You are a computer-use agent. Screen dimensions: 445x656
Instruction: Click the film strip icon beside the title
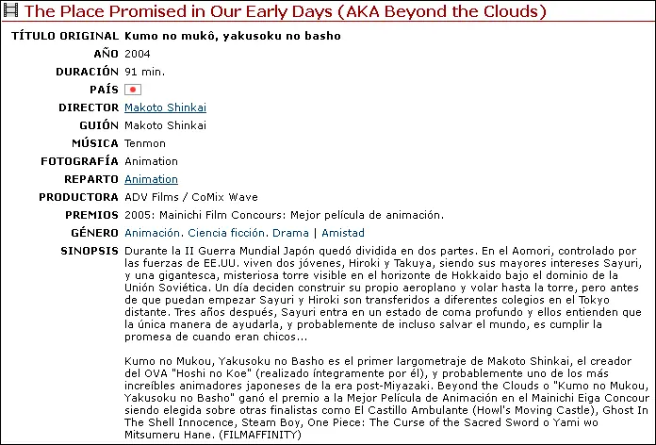(11, 12)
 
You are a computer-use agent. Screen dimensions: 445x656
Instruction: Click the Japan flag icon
(133, 90)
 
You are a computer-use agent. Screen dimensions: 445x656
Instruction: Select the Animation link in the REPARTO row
(151, 179)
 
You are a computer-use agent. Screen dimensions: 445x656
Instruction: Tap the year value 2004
(137, 54)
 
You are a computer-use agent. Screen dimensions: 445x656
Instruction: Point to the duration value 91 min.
(145, 72)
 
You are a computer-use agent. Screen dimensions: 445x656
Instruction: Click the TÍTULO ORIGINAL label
(64, 36)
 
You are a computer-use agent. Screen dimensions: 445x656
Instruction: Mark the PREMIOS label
(90, 215)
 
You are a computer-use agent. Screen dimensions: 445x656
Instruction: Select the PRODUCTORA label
(78, 197)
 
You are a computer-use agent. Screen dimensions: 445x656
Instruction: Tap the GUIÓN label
(97, 125)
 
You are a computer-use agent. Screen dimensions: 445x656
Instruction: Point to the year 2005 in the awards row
(138, 215)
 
